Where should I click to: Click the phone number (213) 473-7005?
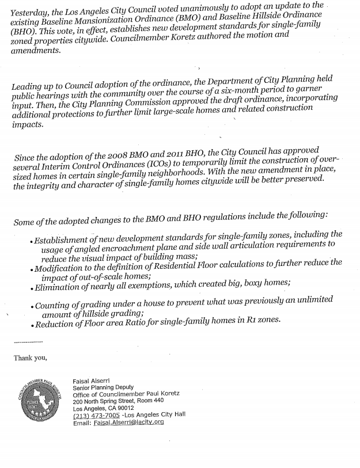tap(97, 414)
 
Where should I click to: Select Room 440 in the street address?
tap(151, 400)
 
